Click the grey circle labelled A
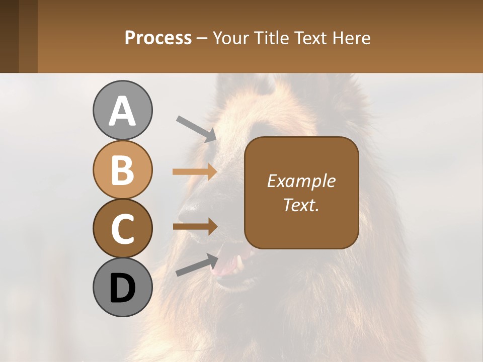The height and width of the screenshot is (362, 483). (x=122, y=110)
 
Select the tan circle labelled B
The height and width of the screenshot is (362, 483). (x=122, y=169)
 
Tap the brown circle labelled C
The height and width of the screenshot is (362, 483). (x=122, y=228)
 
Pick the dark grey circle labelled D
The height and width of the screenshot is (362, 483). (x=122, y=287)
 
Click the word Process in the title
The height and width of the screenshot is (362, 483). (x=158, y=38)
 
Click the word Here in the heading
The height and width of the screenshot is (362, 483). (x=352, y=38)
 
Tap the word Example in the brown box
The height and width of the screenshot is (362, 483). (x=301, y=181)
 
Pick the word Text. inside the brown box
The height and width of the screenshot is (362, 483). (x=301, y=205)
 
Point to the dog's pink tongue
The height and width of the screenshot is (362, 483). (x=226, y=266)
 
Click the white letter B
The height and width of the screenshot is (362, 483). (x=122, y=170)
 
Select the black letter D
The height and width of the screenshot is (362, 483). (x=122, y=288)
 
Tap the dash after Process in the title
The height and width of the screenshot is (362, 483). (x=202, y=38)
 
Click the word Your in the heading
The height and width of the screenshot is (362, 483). (x=230, y=38)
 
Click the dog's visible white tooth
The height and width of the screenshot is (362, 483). (x=240, y=260)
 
